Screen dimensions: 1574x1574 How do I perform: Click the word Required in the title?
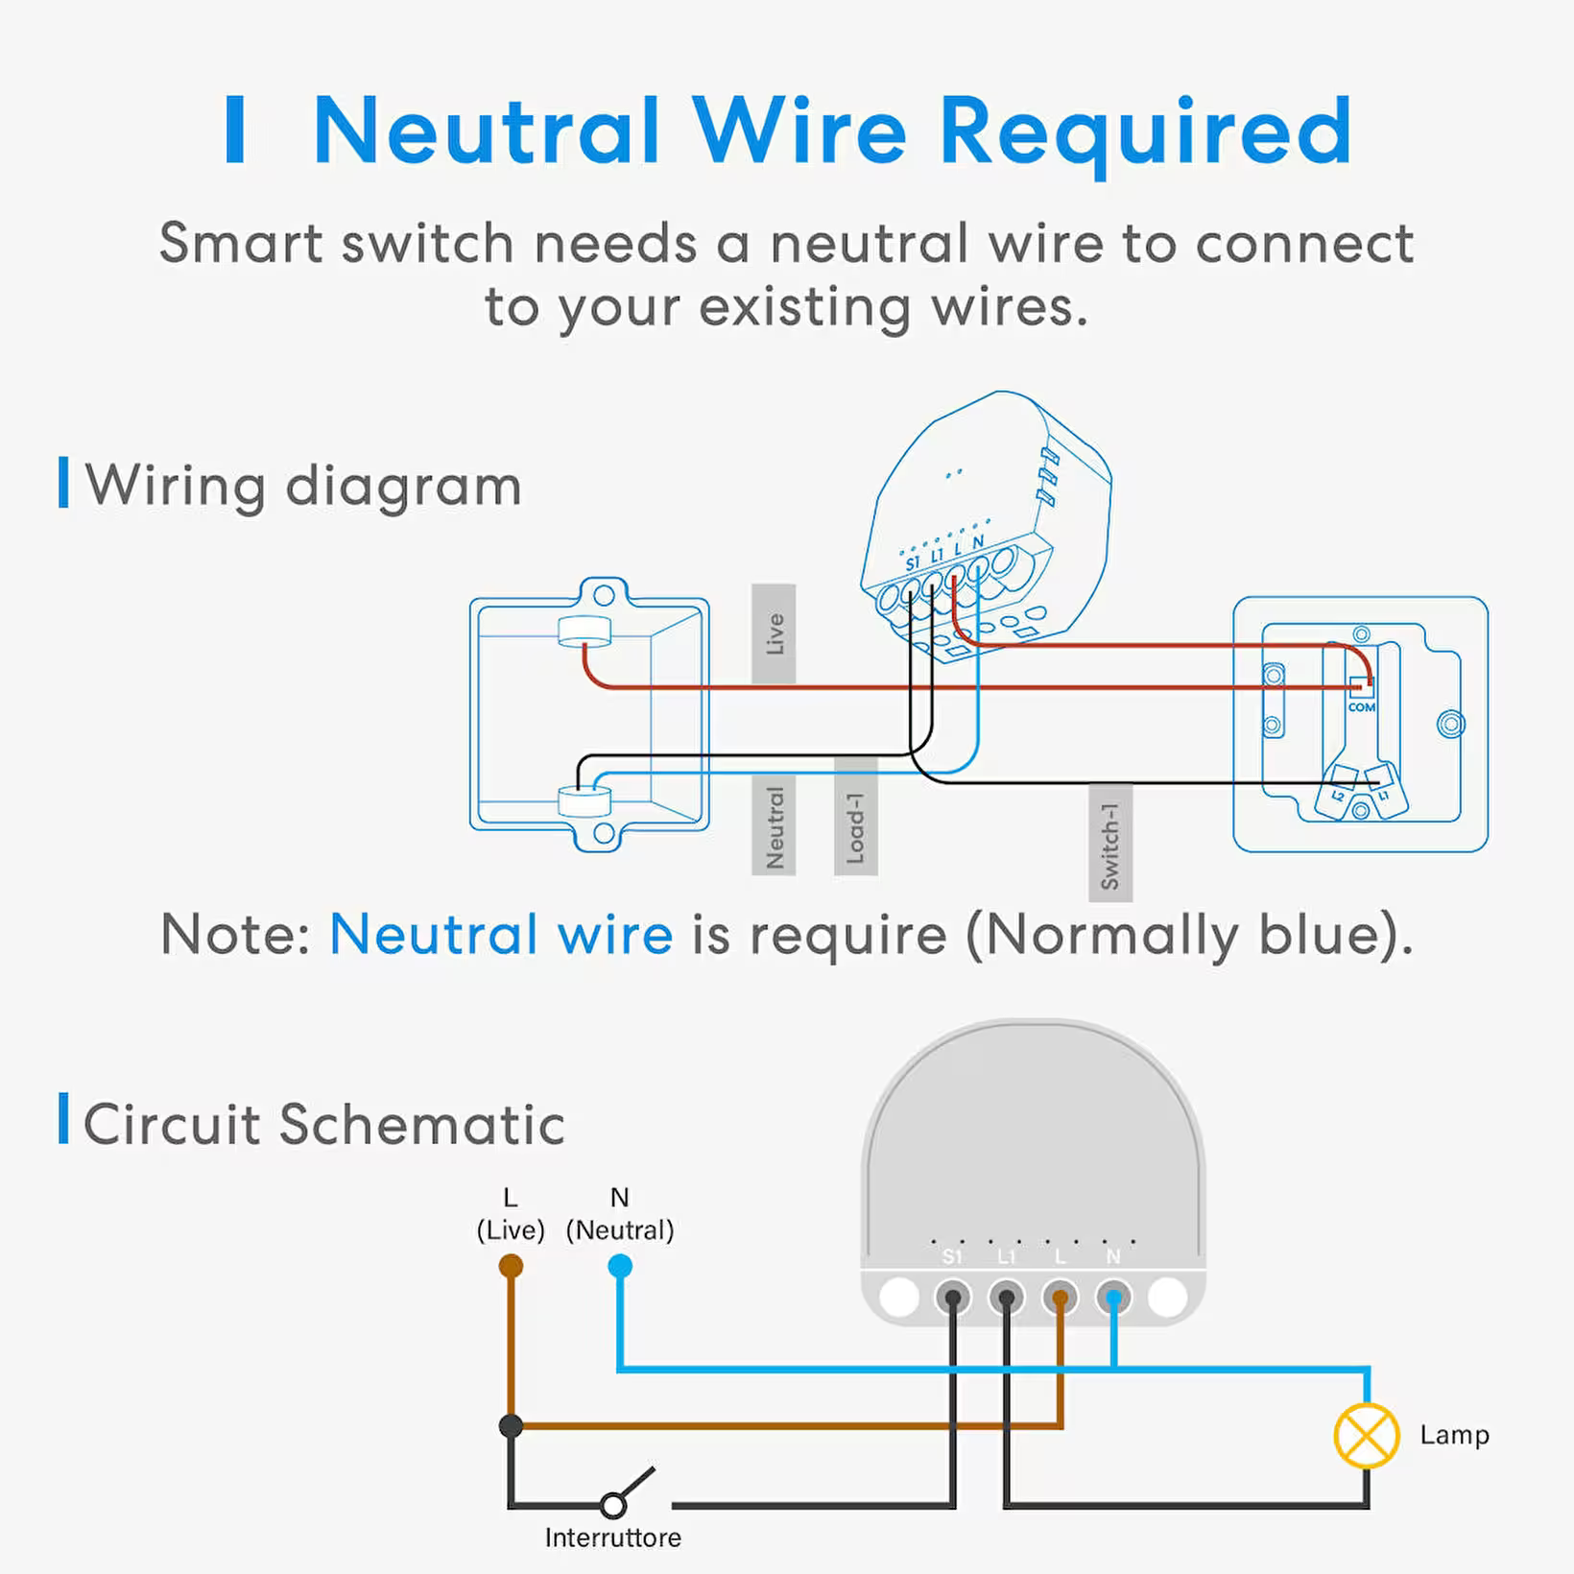1146,132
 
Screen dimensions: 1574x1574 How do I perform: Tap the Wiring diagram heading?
303,485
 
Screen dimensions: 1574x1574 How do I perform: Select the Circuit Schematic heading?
323,1124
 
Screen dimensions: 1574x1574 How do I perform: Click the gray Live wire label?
774,633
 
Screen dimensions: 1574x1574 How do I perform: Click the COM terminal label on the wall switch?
1361,707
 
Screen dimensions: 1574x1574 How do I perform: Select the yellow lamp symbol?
1366,1435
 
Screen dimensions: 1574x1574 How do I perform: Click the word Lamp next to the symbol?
1454,1435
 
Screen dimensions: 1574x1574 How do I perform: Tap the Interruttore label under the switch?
612,1538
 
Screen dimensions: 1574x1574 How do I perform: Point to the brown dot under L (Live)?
511,1267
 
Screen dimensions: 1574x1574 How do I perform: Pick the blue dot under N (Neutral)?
620,1267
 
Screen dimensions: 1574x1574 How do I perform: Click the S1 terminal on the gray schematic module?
952,1298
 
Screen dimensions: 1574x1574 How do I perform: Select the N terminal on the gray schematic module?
1113,1298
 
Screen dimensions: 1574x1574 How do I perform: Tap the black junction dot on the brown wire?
511,1426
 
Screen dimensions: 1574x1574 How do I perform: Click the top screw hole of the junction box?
604,595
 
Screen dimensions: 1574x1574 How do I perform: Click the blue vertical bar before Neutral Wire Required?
235,130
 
